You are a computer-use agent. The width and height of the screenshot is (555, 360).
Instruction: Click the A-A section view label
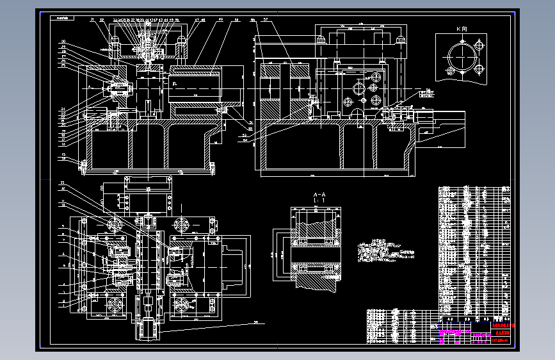pos(319,194)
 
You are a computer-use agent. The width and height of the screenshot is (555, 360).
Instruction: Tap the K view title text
pos(461,29)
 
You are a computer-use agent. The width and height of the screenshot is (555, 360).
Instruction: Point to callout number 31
pos(92,20)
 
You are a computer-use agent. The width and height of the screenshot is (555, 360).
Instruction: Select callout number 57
pos(264,20)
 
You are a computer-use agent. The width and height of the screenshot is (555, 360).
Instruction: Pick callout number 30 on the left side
pos(64,42)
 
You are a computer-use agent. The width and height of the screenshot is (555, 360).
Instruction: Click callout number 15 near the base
pos(63,155)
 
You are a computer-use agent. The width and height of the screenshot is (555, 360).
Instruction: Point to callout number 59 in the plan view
pos(255,322)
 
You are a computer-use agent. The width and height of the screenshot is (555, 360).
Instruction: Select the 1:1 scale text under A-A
pos(319,201)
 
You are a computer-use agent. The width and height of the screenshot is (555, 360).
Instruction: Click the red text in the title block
pos(503,327)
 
